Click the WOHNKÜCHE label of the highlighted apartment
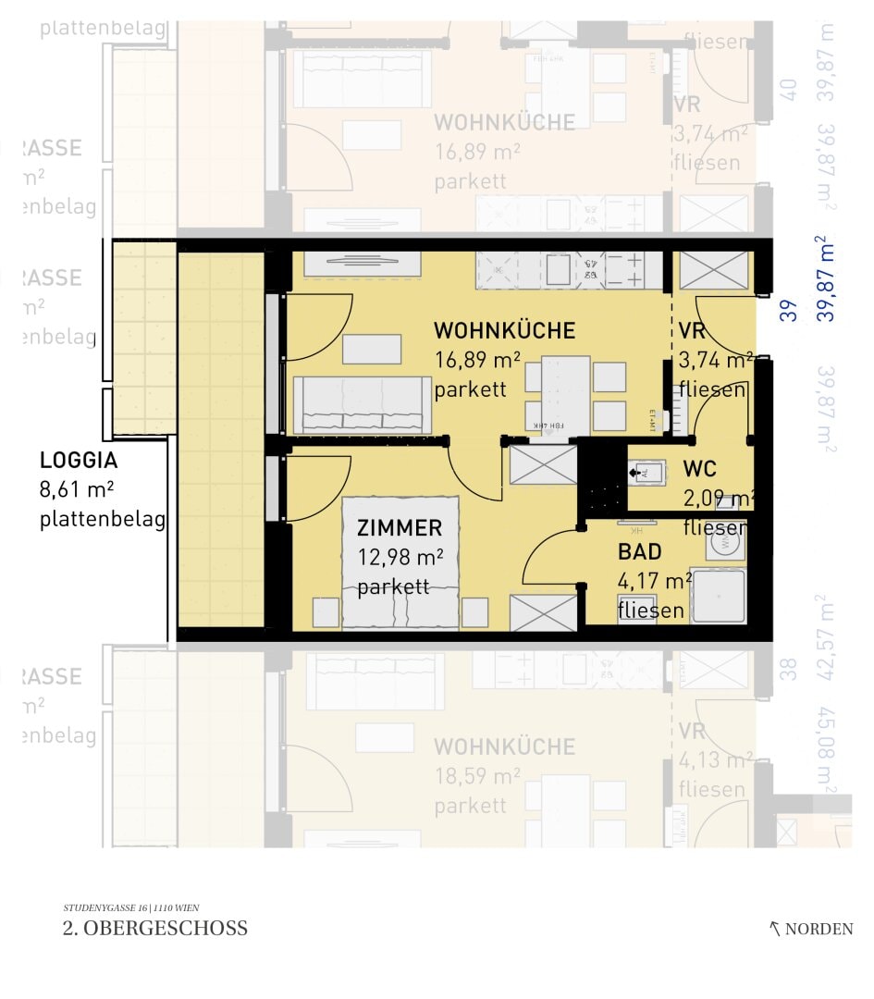point(504,331)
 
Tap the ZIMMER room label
point(400,528)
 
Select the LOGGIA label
point(79,461)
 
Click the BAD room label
point(640,552)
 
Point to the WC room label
point(699,469)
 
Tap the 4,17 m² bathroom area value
point(654,582)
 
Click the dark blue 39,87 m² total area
point(826,278)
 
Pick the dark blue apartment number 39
point(789,310)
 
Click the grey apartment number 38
point(788,669)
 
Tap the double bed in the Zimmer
point(400,564)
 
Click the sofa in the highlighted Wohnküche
point(363,405)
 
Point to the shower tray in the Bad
point(718,595)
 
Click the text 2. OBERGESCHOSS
point(155,929)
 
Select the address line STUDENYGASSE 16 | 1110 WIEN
point(130,907)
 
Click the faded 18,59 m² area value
point(477,776)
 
